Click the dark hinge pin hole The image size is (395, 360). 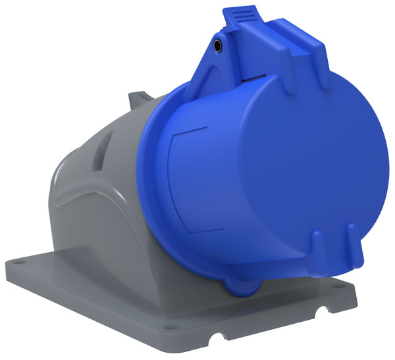218,46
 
